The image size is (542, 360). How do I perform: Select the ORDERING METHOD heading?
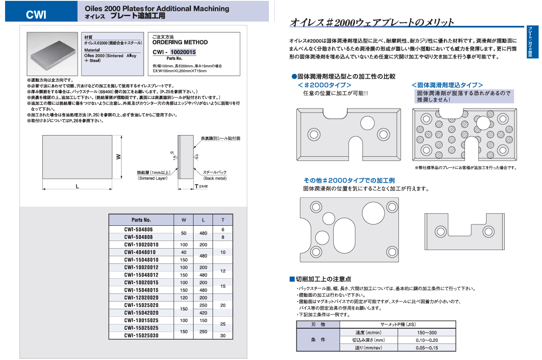tap(180, 42)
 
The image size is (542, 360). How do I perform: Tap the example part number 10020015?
tap(183, 53)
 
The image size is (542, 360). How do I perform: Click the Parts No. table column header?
tap(141, 220)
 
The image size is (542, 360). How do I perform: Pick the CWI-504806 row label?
tap(141, 230)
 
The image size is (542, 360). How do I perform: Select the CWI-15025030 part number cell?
tap(141, 335)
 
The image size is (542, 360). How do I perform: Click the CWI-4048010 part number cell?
tap(141, 252)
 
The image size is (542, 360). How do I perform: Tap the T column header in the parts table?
tap(223, 220)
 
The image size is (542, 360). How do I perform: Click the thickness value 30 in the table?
tap(223, 335)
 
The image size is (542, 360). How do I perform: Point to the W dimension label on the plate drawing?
tap(119, 156)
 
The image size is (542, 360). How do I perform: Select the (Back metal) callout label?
tap(215, 178)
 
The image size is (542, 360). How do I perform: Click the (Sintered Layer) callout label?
tap(153, 178)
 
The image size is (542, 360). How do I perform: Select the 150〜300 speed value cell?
tap(427, 332)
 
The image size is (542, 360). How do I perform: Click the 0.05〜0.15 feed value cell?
tap(427, 348)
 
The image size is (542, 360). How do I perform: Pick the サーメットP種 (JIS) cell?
tap(398, 324)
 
